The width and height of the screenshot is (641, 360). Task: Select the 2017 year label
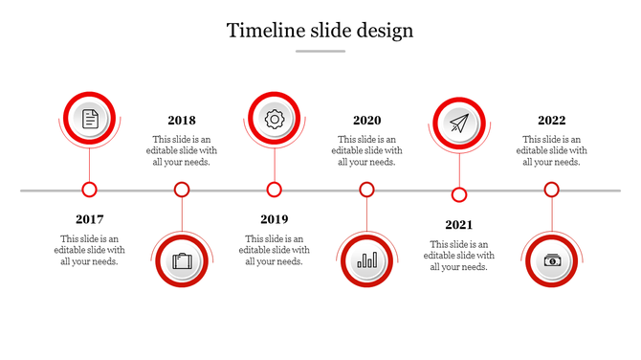pyautogui.click(x=90, y=219)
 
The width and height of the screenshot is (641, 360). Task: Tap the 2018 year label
pyautogui.click(x=182, y=121)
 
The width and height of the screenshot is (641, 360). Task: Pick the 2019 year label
pyautogui.click(x=275, y=219)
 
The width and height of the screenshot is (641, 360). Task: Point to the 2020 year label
pyautogui.click(x=366, y=121)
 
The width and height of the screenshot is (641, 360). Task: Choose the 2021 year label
pyautogui.click(x=459, y=225)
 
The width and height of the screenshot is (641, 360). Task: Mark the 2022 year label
pyautogui.click(x=551, y=121)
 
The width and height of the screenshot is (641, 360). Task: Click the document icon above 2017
pyautogui.click(x=90, y=119)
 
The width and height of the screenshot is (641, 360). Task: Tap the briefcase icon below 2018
pyautogui.click(x=182, y=260)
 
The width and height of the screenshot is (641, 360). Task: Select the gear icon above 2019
pyautogui.click(x=275, y=119)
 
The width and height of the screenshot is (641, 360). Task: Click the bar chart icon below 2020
pyautogui.click(x=366, y=260)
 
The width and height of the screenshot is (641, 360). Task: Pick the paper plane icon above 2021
pyautogui.click(x=459, y=124)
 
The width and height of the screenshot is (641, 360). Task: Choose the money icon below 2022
pyautogui.click(x=552, y=260)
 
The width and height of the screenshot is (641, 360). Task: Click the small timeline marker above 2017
pyautogui.click(x=90, y=190)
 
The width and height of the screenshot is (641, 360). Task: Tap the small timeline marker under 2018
pyautogui.click(x=182, y=190)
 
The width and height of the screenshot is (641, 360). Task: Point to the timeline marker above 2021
pyautogui.click(x=459, y=195)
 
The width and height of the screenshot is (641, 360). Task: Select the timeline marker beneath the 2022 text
pyautogui.click(x=551, y=190)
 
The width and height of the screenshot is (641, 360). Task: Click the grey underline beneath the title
pyautogui.click(x=320, y=51)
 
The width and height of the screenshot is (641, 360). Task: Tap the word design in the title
pyautogui.click(x=383, y=31)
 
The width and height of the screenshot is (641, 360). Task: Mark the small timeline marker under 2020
pyautogui.click(x=366, y=190)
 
